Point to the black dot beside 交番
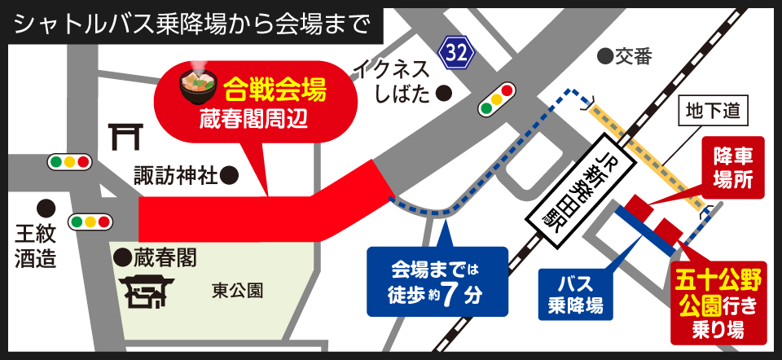(604, 56)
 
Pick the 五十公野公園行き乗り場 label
(718, 305)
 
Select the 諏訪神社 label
(175, 174)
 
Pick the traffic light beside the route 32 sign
(497, 99)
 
